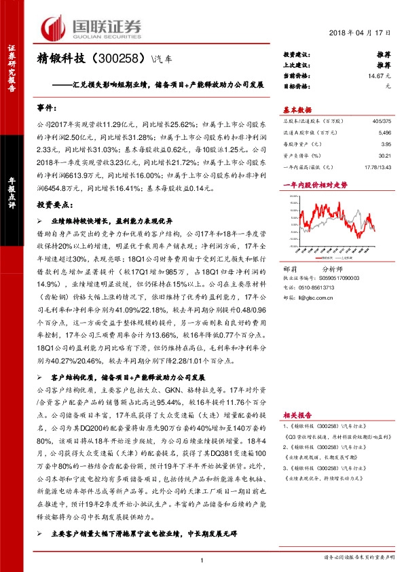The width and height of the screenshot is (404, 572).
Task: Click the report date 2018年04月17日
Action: point(361,33)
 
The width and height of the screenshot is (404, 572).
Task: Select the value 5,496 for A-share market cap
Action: point(384,134)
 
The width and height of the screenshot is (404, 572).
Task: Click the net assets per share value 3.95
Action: point(386,145)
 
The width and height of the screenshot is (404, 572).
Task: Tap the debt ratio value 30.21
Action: point(385,156)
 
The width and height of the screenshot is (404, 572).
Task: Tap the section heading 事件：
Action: point(48,109)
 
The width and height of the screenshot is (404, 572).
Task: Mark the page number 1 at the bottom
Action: point(202,559)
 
